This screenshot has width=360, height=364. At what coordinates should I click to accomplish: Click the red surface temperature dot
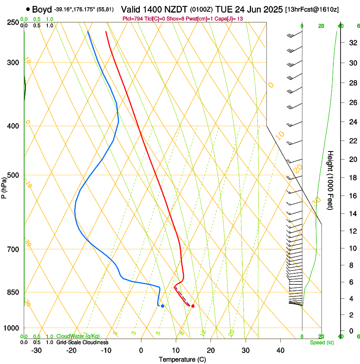click(193, 306)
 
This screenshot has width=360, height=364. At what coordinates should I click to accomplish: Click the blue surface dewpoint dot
click(162, 306)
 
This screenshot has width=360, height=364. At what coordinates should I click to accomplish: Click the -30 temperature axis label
click(36, 350)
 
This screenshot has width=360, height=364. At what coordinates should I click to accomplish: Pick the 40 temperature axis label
click(280, 350)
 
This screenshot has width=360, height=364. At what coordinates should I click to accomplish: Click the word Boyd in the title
click(42, 9)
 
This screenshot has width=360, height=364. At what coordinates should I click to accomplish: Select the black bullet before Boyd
click(28, 9)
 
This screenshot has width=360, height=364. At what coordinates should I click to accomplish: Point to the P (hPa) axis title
click(4, 187)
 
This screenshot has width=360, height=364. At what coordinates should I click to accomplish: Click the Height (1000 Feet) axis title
click(331, 180)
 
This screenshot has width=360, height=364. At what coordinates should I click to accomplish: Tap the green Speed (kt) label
click(321, 342)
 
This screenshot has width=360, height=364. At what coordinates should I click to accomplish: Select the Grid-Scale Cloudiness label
click(82, 342)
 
